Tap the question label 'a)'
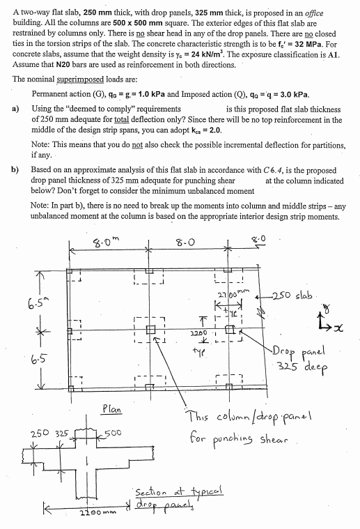[x=17, y=109]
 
